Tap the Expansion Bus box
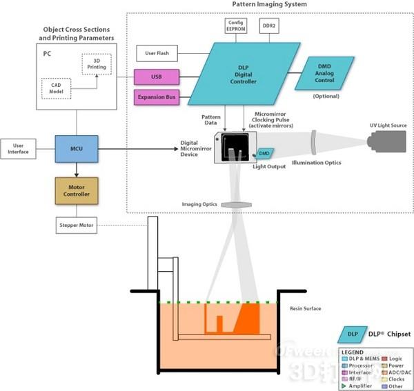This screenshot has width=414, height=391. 157,98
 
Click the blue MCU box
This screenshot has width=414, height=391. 77,147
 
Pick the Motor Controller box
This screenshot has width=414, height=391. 77,190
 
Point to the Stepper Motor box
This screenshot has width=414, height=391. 77,225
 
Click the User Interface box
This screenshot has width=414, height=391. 19,148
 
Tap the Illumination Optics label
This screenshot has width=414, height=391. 316,163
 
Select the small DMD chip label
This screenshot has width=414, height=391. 264,152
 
